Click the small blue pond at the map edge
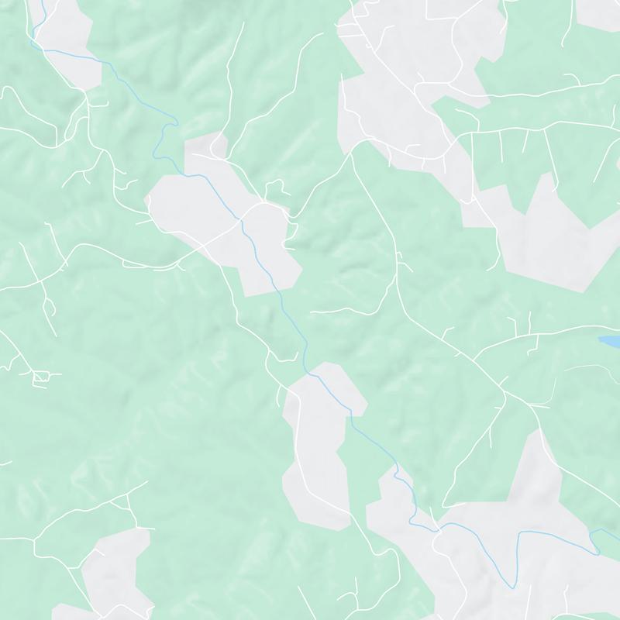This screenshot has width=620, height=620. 609,340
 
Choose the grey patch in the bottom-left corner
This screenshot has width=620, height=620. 112,573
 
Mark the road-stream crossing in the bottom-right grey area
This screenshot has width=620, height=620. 439,530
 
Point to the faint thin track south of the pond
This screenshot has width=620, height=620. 589,368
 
